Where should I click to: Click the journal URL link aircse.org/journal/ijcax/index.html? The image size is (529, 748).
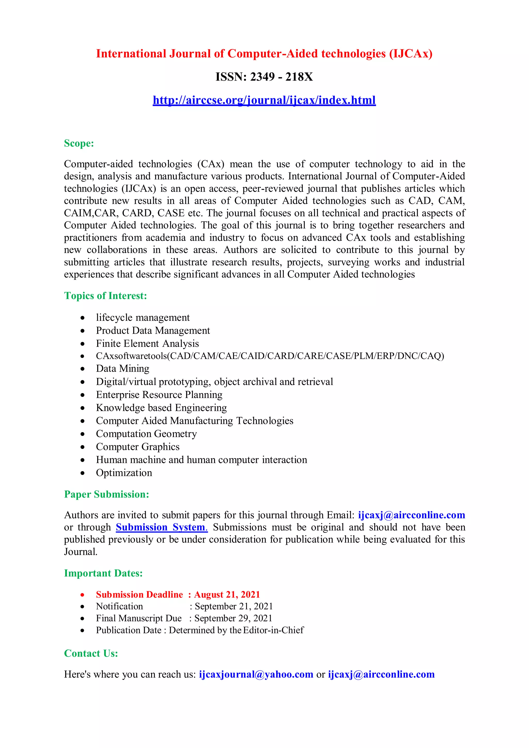point(264,100)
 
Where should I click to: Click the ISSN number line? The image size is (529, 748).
point(264,77)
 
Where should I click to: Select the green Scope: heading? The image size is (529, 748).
point(79,143)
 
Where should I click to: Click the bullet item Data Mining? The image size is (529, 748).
point(122,369)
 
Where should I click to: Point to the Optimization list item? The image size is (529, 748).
point(124,473)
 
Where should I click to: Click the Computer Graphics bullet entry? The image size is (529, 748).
point(137,447)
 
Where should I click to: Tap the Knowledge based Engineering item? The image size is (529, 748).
point(161,408)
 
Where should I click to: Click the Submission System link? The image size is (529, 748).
point(161,527)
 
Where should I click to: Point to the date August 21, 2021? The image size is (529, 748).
point(227,595)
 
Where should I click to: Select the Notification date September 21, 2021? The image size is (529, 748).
point(234,606)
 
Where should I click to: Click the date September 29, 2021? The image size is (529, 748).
point(233,618)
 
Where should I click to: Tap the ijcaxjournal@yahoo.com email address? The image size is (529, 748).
point(256,674)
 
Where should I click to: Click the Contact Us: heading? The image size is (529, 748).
point(91,653)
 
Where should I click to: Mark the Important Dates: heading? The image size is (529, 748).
point(103,573)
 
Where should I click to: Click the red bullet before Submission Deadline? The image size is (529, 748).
point(82,595)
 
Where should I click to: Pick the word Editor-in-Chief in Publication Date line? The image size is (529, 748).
point(273,630)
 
